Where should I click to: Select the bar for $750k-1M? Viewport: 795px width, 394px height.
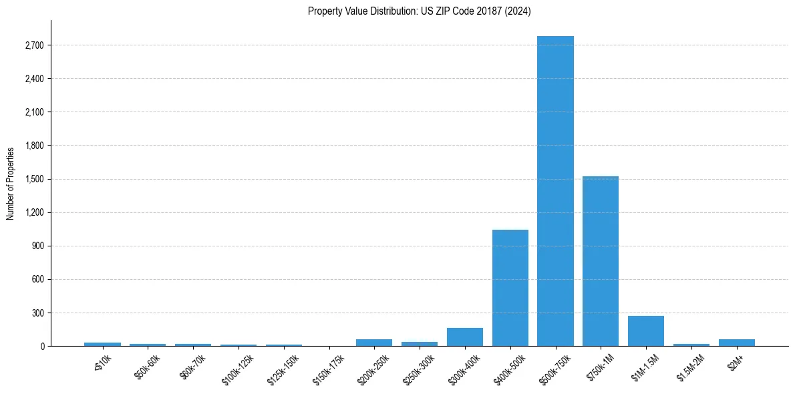(x=601, y=261)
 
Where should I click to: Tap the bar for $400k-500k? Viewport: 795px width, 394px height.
(x=510, y=288)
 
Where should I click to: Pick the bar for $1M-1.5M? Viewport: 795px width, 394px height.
(x=646, y=331)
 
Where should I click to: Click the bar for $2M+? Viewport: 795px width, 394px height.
(x=737, y=343)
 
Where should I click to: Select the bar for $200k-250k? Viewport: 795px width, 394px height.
(x=374, y=343)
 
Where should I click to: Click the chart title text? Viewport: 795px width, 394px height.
(x=420, y=11)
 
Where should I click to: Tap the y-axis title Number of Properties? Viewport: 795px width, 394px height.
(x=11, y=183)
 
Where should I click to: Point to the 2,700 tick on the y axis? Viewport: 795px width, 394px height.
(x=33, y=45)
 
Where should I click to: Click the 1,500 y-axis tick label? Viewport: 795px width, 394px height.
(x=33, y=179)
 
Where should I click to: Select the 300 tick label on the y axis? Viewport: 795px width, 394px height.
(x=37, y=313)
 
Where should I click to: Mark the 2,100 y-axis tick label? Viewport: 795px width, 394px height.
(x=33, y=112)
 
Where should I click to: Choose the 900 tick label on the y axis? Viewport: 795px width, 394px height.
(x=37, y=246)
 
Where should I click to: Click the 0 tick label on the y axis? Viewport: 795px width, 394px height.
(x=41, y=346)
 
